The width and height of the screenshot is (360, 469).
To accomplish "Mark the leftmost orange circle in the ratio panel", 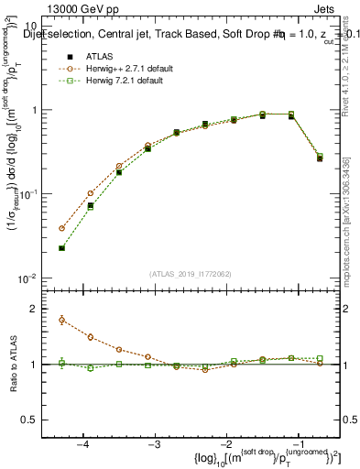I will point(61,320).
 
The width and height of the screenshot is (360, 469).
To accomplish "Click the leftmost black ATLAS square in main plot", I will point(61,248).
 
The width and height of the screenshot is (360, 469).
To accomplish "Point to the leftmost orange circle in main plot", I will point(61,228).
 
